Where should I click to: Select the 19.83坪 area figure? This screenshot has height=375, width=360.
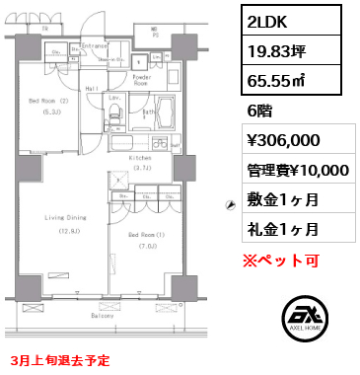tap(279, 48)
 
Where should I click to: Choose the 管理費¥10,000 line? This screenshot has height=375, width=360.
tap(296, 171)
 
